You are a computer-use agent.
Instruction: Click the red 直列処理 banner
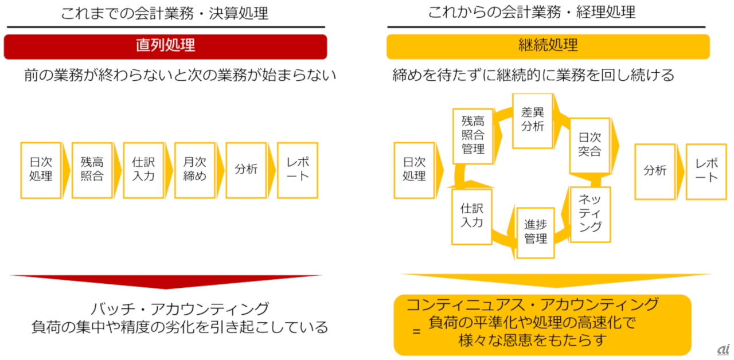(165, 46)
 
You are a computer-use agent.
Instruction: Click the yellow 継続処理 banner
(548, 46)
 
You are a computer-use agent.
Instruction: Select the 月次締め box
(194, 170)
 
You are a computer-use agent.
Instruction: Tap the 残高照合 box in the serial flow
(92, 170)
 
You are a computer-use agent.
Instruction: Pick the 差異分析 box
(532, 120)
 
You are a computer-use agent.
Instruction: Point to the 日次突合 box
(589, 145)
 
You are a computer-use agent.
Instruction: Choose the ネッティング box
(589, 214)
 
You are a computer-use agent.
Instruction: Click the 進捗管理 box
(536, 232)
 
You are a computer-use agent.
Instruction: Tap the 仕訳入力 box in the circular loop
(471, 217)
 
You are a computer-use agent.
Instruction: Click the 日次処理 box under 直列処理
(40, 170)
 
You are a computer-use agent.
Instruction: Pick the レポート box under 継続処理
(706, 171)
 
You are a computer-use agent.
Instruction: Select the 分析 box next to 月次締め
(246, 170)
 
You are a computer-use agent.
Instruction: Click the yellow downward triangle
(548, 280)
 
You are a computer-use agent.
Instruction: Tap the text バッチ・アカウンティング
(179, 309)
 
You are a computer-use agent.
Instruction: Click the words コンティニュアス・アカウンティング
(533, 304)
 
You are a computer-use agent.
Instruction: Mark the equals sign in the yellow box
(416, 331)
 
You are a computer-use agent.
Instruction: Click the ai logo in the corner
(723, 349)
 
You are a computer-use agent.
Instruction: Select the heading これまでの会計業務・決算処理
(165, 13)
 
